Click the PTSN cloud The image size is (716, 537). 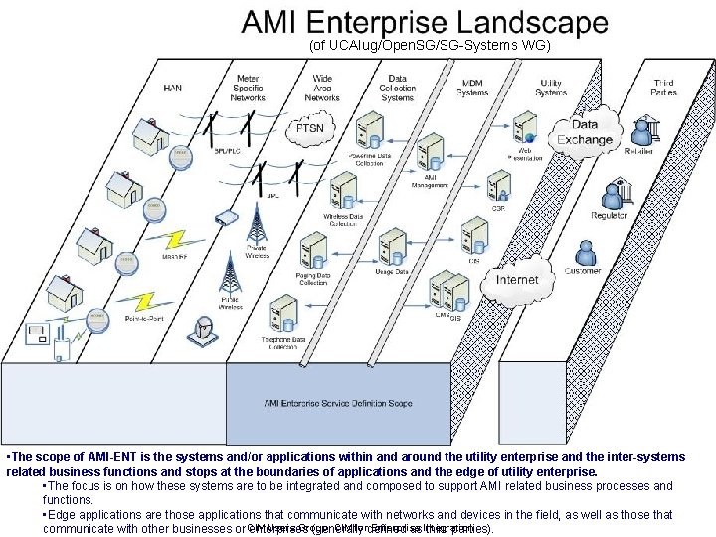(x=318, y=129)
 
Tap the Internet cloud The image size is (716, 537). (x=517, y=280)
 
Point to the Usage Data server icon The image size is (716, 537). (x=392, y=247)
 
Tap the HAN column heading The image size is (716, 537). (x=172, y=88)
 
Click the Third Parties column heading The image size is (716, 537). (x=663, y=88)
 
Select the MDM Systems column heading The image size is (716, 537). (x=472, y=88)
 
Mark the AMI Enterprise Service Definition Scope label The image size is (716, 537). (x=338, y=403)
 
